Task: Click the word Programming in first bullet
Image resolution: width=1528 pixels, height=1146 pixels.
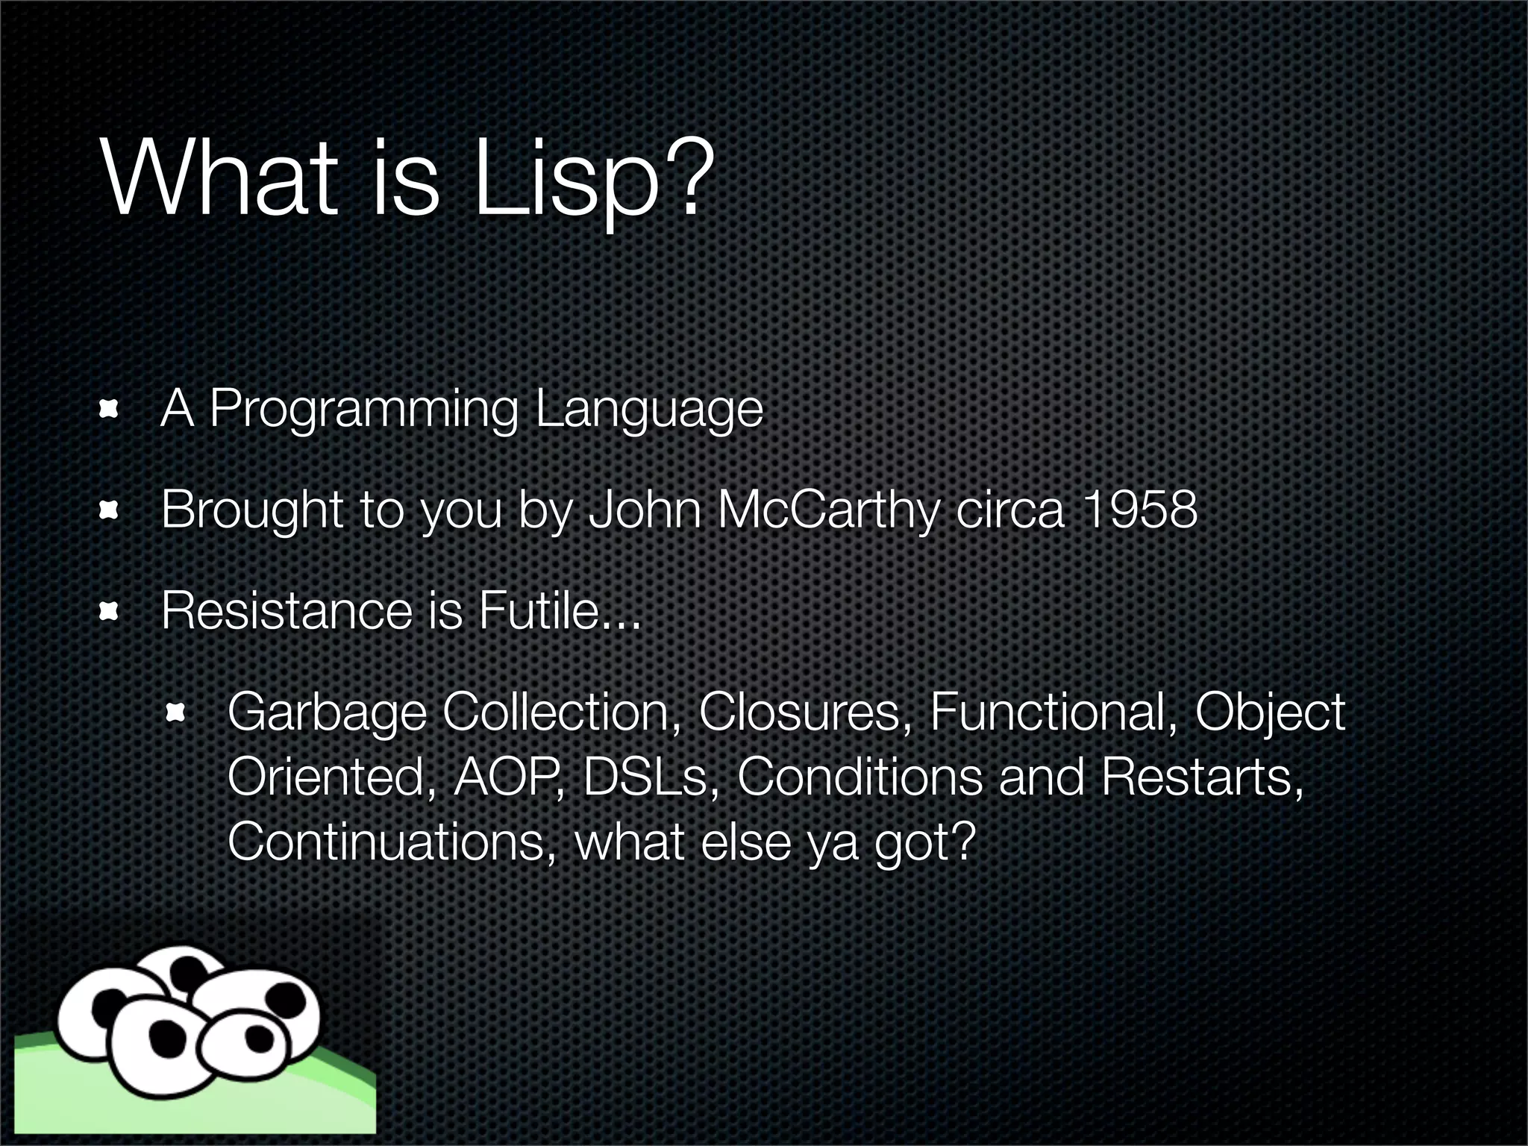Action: click(363, 410)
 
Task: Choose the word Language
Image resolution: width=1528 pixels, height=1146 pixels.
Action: click(648, 410)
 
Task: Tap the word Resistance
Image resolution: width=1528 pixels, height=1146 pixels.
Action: click(286, 610)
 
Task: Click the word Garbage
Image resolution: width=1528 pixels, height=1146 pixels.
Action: click(326, 713)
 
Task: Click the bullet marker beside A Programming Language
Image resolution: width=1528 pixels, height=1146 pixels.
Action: click(109, 409)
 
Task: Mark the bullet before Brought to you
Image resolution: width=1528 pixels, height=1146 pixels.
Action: click(109, 510)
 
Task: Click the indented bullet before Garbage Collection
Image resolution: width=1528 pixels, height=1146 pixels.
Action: click(175, 713)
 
